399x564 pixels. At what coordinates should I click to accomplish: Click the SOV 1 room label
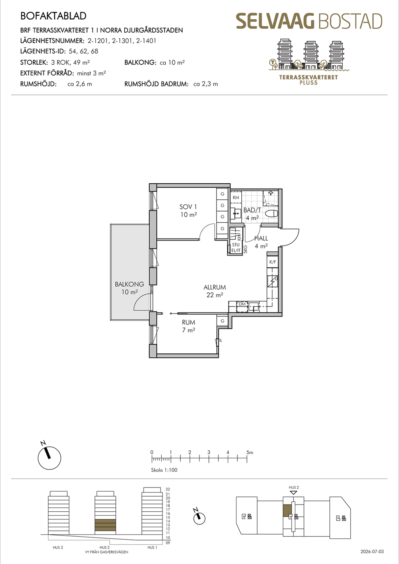click(x=188, y=207)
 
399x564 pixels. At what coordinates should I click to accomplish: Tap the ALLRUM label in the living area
click(x=215, y=287)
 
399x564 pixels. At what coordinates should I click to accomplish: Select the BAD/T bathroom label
click(x=252, y=210)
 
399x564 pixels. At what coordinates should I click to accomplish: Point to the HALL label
click(x=261, y=238)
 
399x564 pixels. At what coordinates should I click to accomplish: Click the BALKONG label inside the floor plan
click(x=130, y=284)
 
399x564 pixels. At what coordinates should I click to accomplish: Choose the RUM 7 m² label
click(x=188, y=326)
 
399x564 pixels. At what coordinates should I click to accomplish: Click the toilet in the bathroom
click(x=271, y=214)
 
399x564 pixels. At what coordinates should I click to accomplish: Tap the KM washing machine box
click(x=236, y=197)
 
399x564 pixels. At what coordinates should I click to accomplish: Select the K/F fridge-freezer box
click(x=273, y=262)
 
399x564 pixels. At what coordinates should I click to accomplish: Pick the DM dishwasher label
click(x=242, y=304)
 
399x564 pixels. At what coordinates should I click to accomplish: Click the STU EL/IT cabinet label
click(x=236, y=248)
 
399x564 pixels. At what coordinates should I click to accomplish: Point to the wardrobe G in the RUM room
click(x=222, y=321)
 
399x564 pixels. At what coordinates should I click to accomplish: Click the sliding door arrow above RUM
click(x=173, y=314)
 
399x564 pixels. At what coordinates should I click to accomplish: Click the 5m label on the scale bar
click(x=250, y=453)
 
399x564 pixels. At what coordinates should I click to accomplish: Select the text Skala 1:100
click(x=164, y=470)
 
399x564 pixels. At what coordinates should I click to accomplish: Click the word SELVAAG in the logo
click(x=276, y=21)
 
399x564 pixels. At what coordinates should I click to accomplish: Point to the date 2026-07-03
click(x=372, y=552)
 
